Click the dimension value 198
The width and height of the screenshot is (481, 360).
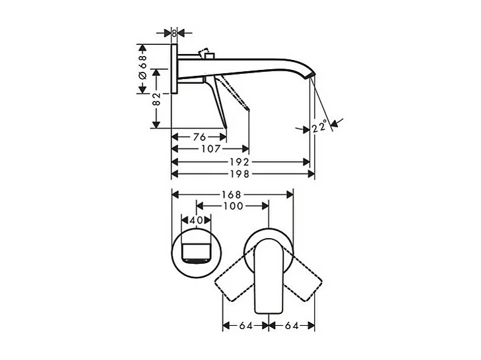point(240,174)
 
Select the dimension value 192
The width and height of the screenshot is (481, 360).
point(240,162)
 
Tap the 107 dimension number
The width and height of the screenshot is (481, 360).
point(210,149)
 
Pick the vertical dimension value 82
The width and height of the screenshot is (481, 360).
point(156,100)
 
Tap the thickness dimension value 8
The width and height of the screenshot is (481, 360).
point(174,32)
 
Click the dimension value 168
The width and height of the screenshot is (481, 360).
point(232,195)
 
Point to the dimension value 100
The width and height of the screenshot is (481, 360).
point(232,206)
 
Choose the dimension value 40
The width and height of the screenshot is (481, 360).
point(195,220)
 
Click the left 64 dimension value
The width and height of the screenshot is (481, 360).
point(245,325)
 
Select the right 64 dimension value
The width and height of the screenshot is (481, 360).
point(292,325)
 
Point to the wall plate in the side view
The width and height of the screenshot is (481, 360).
point(174,69)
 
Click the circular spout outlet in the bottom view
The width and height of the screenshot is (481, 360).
point(195,255)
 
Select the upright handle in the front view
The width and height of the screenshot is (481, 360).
point(269,277)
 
